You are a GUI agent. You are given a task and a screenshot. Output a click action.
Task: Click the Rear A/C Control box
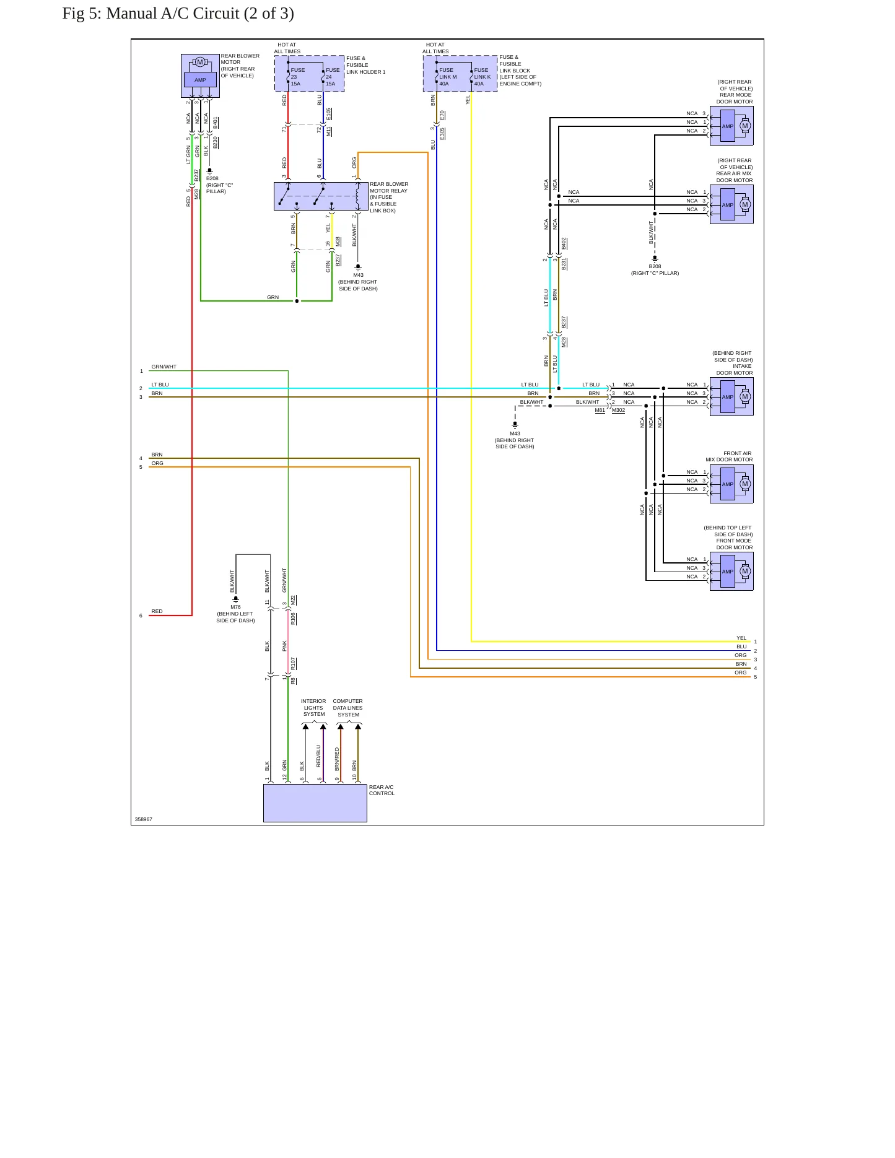click(315, 803)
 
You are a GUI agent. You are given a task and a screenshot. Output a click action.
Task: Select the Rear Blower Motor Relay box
click(321, 196)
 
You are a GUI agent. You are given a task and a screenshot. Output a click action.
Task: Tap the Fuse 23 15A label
click(297, 77)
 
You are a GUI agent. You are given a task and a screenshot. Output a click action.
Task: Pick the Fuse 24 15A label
click(333, 77)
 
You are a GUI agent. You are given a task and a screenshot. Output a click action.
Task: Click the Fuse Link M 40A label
click(447, 77)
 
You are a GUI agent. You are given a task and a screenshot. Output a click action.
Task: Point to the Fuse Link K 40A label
click(482, 77)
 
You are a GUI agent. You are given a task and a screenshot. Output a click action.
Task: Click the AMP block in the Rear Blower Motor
click(200, 80)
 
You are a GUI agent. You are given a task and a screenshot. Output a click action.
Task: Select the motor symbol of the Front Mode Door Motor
click(745, 572)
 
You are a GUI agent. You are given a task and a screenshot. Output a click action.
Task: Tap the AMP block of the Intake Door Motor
click(728, 397)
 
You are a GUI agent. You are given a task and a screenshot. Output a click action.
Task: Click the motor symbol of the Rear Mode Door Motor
click(745, 126)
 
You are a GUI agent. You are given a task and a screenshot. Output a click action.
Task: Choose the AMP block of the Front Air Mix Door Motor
click(728, 484)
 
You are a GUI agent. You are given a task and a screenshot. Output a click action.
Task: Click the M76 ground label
click(235, 607)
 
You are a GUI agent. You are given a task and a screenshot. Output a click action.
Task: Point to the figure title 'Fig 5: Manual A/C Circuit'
click(178, 14)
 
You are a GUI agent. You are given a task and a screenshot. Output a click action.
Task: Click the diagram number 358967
click(144, 819)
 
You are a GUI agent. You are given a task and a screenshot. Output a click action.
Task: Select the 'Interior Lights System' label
click(314, 708)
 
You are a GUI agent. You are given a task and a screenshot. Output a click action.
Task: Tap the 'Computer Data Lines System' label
click(348, 708)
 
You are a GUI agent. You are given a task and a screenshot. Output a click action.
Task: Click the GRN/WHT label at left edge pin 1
click(164, 367)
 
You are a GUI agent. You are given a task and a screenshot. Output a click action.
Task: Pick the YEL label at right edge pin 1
click(741, 638)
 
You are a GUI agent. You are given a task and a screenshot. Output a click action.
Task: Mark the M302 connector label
click(619, 410)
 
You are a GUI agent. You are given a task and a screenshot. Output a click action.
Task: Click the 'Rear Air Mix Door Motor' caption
click(735, 170)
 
